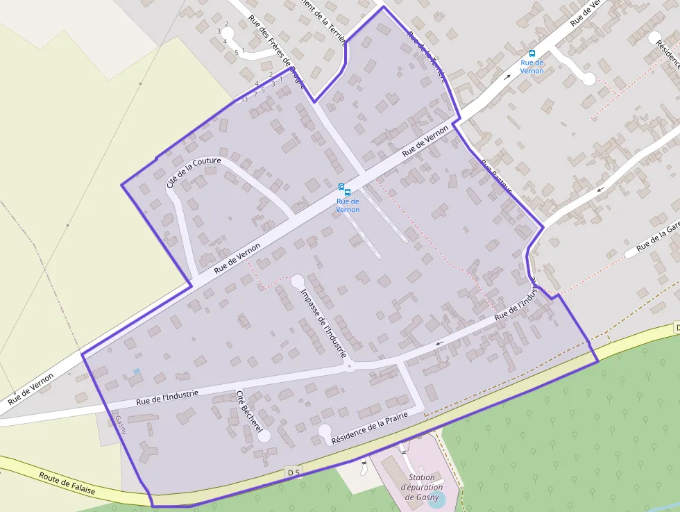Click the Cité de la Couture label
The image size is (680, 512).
[194, 172]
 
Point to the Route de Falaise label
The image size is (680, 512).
[67, 484]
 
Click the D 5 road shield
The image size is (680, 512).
[294, 472]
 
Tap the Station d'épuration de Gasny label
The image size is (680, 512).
[421, 487]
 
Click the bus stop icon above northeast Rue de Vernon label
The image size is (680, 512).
[532, 53]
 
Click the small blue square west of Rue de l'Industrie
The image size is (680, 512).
[137, 372]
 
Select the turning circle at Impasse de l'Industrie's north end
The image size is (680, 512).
[297, 281]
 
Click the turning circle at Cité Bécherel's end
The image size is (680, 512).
[264, 436]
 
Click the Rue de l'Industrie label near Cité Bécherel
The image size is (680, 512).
[167, 397]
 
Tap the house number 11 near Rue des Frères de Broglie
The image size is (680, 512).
[244, 100]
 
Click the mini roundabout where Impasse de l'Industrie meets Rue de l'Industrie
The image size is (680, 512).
[350, 366]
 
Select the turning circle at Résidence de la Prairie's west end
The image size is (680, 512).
[325, 431]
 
